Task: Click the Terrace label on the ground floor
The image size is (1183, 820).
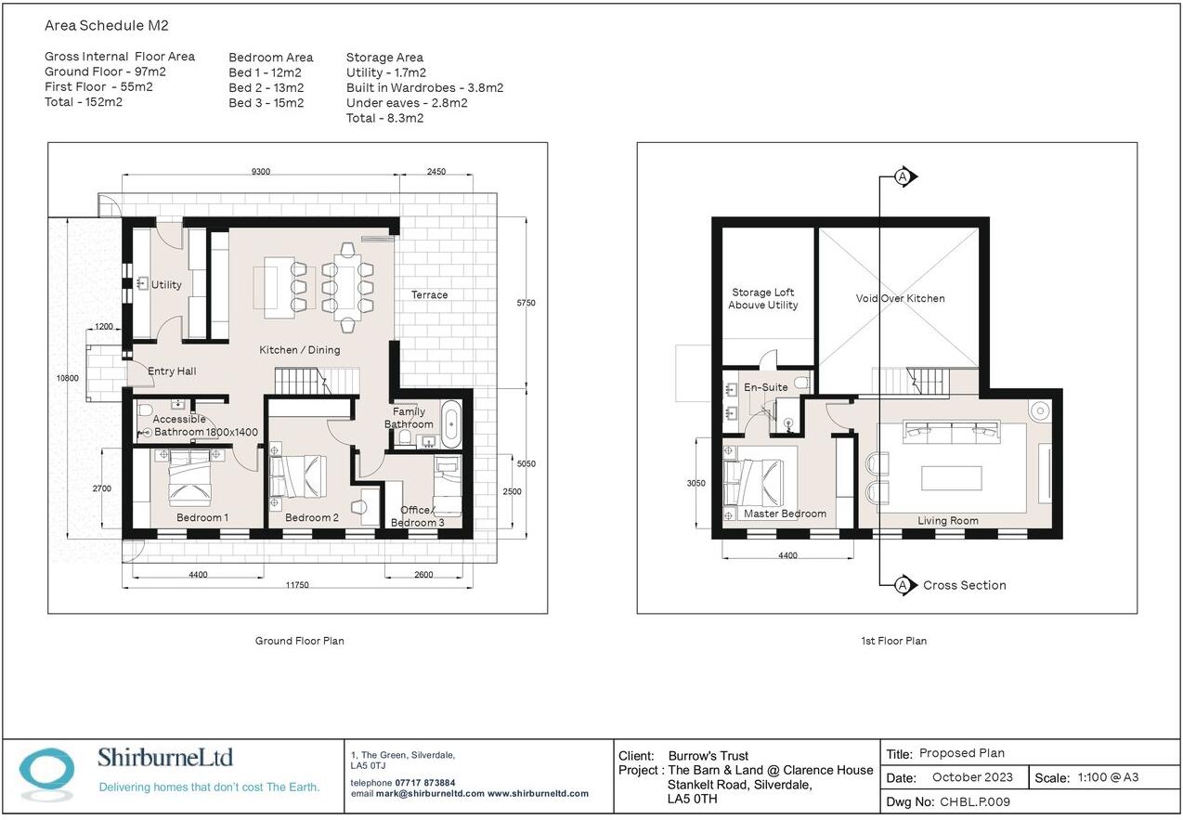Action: [x=429, y=294]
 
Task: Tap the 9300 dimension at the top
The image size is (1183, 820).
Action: [x=260, y=171]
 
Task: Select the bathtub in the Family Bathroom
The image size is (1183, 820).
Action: [x=451, y=424]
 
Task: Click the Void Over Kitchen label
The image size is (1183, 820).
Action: [x=900, y=298]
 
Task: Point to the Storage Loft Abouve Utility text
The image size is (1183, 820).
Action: [x=762, y=298]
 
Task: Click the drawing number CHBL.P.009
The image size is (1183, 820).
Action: [x=974, y=801]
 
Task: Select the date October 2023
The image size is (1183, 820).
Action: [x=972, y=777]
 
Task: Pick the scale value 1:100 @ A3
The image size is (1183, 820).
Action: [x=1108, y=777]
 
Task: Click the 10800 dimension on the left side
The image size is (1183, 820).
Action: [x=68, y=378]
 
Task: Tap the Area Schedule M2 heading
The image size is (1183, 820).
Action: [x=106, y=25]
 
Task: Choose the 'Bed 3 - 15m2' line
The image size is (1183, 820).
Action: [x=266, y=102]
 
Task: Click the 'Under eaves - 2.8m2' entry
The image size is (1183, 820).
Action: [x=407, y=102]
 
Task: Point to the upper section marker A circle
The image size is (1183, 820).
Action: [x=903, y=176]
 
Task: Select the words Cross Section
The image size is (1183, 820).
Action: [x=965, y=585]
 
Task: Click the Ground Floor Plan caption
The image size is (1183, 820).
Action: [x=299, y=641]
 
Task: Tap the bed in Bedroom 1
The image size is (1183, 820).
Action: [x=189, y=478]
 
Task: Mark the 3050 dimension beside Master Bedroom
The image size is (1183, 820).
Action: [x=695, y=483]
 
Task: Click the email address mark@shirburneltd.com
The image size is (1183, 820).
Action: [x=430, y=794]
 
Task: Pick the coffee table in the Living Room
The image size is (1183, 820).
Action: [x=951, y=478]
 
